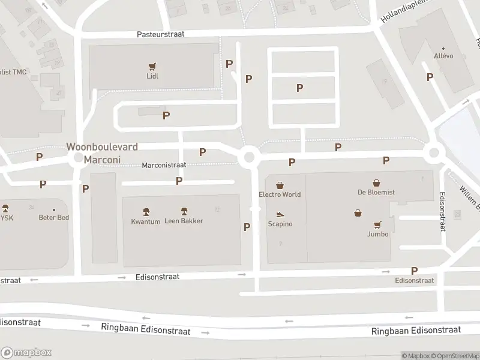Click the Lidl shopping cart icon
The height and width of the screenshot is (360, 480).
pyautogui.click(x=152, y=66)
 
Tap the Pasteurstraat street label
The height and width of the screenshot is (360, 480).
pyautogui.click(x=160, y=34)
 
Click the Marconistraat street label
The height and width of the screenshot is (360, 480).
pyautogui.click(x=164, y=165)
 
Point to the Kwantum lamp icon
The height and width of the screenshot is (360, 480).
pyautogui.click(x=146, y=211)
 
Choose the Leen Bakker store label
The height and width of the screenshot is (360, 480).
pyautogui.click(x=184, y=221)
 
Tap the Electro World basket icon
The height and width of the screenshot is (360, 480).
pyautogui.click(x=280, y=185)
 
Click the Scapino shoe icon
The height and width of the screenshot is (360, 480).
pyautogui.click(x=280, y=214)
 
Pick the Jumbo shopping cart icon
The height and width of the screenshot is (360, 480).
pyautogui.click(x=378, y=225)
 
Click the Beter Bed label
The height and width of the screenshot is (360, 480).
pyautogui.click(x=54, y=217)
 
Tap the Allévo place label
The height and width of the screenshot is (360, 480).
pyautogui.click(x=443, y=56)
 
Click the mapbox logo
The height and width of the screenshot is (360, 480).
pyautogui.click(x=26, y=352)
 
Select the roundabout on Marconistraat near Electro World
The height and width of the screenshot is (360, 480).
pyautogui.click(x=249, y=158)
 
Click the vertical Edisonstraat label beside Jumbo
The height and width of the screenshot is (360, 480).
pyautogui.click(x=442, y=212)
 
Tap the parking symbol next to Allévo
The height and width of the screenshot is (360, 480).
pyautogui.click(x=430, y=77)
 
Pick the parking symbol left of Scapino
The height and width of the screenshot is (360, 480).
pyautogui.click(x=247, y=227)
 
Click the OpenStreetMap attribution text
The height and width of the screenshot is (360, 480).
pyautogui.click(x=455, y=356)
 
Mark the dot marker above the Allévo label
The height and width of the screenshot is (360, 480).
pyautogui.click(x=443, y=49)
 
